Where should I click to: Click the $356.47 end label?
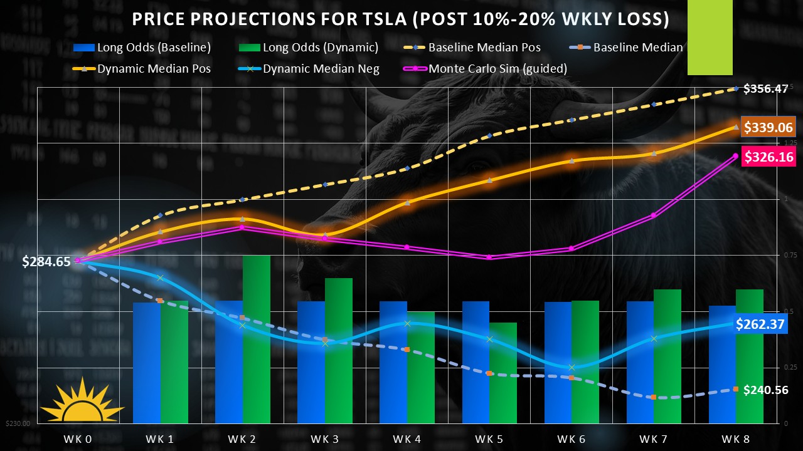point(765,89)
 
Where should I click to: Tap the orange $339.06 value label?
point(768,128)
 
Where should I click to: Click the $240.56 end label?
point(765,390)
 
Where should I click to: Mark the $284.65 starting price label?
point(46,262)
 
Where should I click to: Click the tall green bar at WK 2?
point(257,338)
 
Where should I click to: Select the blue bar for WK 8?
point(722,363)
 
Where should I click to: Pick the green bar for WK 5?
point(503,373)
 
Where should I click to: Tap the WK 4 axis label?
point(408,439)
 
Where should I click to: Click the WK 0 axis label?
point(77,439)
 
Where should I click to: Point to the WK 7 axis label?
point(654,439)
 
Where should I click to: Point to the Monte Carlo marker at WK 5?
point(489,257)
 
